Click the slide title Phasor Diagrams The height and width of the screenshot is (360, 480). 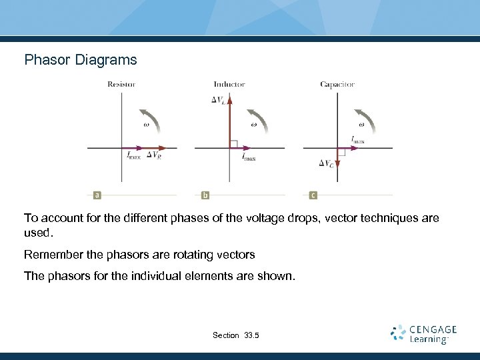pyautogui.click(x=81, y=60)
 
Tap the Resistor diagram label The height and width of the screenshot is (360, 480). pyautogui.click(x=121, y=85)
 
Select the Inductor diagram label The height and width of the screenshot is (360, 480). pyautogui.click(x=229, y=85)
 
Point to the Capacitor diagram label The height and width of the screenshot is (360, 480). pyautogui.click(x=337, y=85)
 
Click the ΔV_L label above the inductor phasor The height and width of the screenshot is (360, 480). pyautogui.click(x=218, y=100)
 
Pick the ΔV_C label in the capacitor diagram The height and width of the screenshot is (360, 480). pyautogui.click(x=327, y=163)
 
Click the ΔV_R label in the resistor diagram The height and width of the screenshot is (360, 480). pyautogui.click(x=153, y=155)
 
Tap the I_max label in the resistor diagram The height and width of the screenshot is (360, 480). pyautogui.click(x=133, y=155)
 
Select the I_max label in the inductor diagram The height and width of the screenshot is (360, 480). pyautogui.click(x=248, y=158)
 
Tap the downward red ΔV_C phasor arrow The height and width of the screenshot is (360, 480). pyautogui.click(x=337, y=161)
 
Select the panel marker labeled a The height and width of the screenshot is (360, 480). pyautogui.click(x=97, y=195)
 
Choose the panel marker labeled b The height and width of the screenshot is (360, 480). pyautogui.click(x=205, y=195)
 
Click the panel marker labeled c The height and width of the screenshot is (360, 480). pyautogui.click(x=313, y=195)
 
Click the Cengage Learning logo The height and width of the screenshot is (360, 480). pyautogui.click(x=424, y=334)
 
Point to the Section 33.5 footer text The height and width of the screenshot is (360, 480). pyautogui.click(x=235, y=335)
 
